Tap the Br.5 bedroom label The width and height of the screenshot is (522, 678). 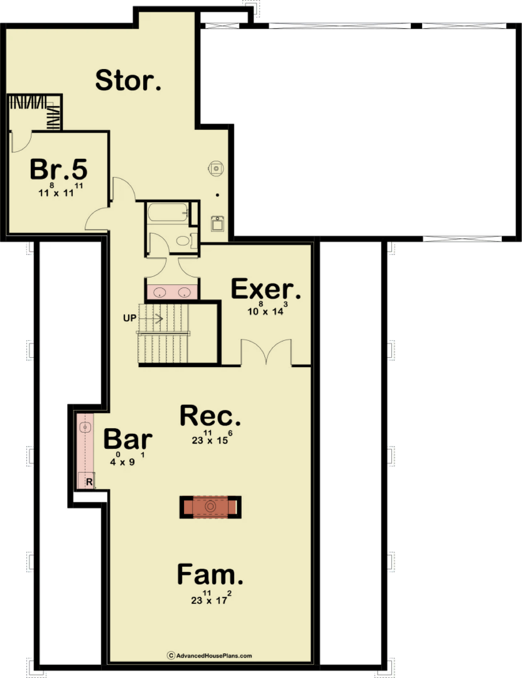point(59,169)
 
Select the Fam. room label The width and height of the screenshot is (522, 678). point(210,574)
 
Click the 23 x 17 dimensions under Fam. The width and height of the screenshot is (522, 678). point(211,597)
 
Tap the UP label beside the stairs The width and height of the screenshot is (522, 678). point(130,318)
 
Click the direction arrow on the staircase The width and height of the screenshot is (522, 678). point(151,319)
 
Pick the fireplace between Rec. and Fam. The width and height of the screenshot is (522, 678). point(210,507)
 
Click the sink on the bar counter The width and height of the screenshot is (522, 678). point(85,428)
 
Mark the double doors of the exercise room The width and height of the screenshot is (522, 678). point(266,352)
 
